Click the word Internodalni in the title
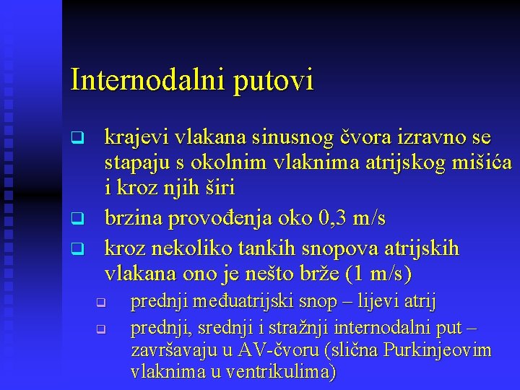148,79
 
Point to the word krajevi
136,136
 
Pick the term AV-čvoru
282,350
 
